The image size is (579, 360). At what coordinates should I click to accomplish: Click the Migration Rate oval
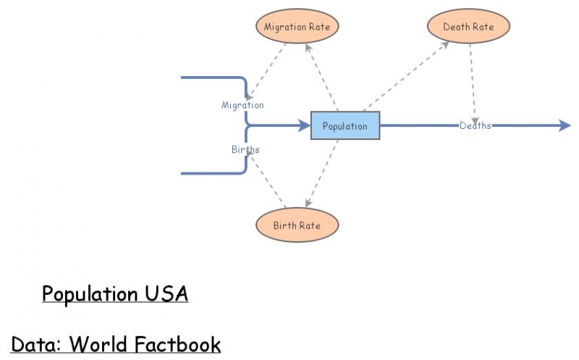click(x=297, y=27)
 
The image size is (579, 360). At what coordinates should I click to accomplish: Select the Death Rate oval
click(x=468, y=27)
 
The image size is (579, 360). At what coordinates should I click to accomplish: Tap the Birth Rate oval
click(x=297, y=225)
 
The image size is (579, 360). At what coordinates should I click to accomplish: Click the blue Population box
click(x=345, y=126)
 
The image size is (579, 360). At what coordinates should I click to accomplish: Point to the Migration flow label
click(x=242, y=105)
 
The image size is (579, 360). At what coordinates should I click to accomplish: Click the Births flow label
click(x=245, y=149)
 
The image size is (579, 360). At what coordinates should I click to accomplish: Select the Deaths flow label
click(x=475, y=125)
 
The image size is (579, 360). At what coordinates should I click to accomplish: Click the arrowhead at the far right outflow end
click(x=565, y=125)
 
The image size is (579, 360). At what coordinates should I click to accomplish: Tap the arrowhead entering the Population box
click(x=304, y=125)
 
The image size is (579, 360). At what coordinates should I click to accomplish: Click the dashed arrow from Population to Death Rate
click(x=405, y=76)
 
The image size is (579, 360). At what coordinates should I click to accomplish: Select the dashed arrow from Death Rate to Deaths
click(x=473, y=80)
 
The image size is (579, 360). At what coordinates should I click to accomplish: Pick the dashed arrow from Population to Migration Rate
click(x=321, y=76)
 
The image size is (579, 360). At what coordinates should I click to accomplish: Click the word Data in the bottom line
click(x=35, y=344)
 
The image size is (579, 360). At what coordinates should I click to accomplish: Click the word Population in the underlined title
click(x=88, y=294)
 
